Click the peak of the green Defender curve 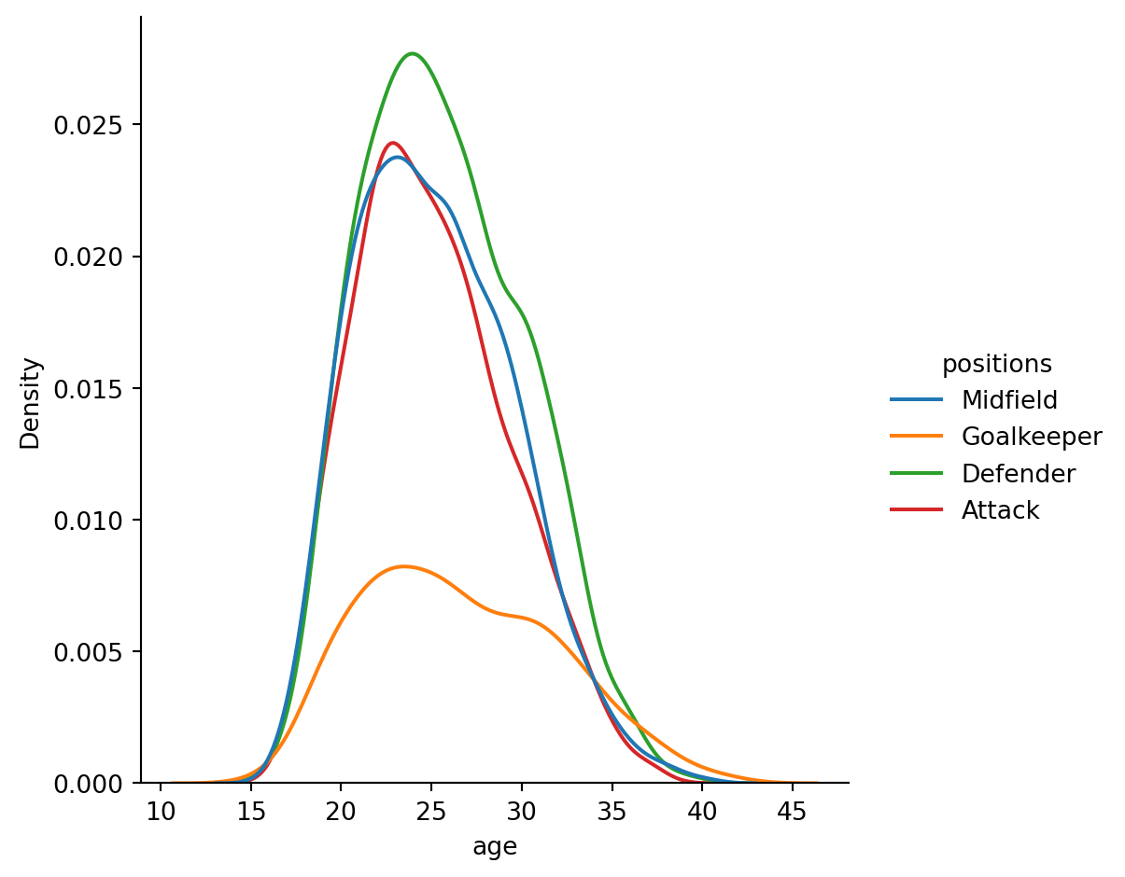412,53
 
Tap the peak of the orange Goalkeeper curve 402,566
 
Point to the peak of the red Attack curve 392,143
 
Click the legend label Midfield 1009,400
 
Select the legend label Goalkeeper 1032,437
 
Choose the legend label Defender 1019,474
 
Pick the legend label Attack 1000,510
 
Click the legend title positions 996,364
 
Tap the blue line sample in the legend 917,400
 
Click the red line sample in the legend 917,510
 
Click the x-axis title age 495,846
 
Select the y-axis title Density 31,403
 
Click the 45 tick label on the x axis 792,808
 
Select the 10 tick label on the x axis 161,808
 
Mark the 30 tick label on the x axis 521,808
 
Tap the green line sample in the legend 917,474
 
